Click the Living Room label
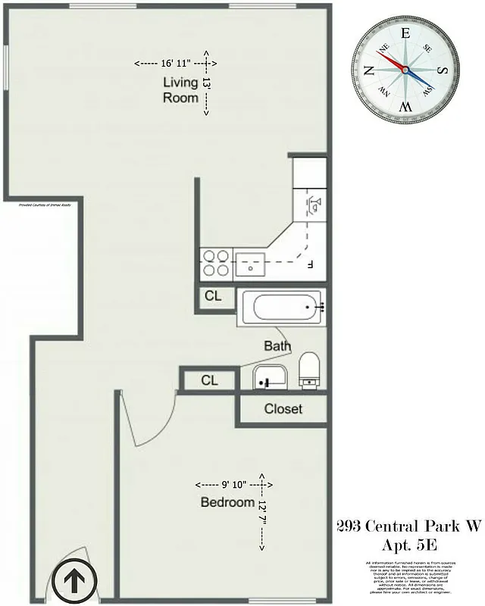[181, 89]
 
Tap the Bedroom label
[227, 502]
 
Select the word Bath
[277, 346]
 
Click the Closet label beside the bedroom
[283, 409]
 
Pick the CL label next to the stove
[213, 296]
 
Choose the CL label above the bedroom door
[209, 380]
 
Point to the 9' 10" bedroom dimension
[228, 484]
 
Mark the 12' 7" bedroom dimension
[262, 513]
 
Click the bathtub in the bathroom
[284, 308]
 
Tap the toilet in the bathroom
[308, 370]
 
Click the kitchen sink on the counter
[249, 264]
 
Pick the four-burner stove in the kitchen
[216, 263]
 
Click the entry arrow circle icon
[74, 582]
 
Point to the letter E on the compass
[405, 33]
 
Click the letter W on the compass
[405, 107]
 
